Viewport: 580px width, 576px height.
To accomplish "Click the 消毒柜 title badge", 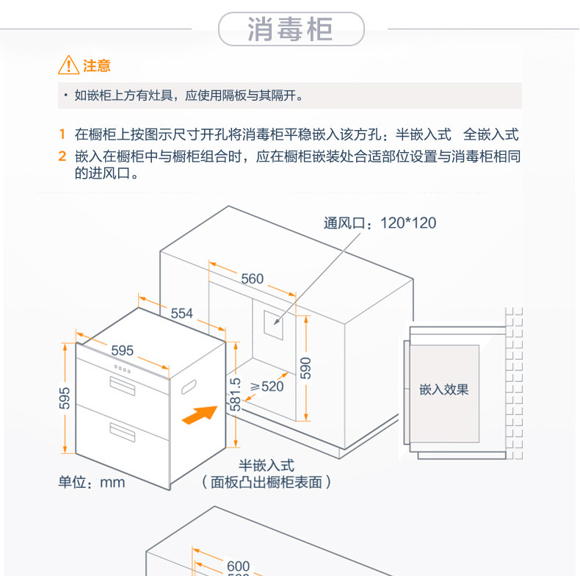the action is pyautogui.click(x=291, y=29).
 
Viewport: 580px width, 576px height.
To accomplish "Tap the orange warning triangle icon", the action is pyautogui.click(x=68, y=65).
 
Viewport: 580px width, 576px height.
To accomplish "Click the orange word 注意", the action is pyautogui.click(x=97, y=66).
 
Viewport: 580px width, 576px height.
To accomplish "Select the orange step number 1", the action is pyautogui.click(x=62, y=134).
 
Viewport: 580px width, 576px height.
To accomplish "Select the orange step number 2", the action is pyautogui.click(x=62, y=156).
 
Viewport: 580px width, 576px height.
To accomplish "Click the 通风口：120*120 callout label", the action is pyautogui.click(x=380, y=223).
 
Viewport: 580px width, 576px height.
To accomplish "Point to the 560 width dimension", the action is pyautogui.click(x=252, y=278).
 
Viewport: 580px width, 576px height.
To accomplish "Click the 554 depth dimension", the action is pyautogui.click(x=181, y=314).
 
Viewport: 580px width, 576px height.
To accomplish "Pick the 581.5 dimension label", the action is pyautogui.click(x=234, y=394).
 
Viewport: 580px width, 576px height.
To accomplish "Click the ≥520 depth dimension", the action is pyautogui.click(x=267, y=386).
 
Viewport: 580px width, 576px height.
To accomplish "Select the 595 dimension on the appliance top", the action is pyautogui.click(x=122, y=350).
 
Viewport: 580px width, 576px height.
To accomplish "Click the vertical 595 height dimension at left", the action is pyautogui.click(x=65, y=398).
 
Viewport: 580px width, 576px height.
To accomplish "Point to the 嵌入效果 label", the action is pyautogui.click(x=443, y=389).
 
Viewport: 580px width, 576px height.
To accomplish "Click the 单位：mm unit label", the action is pyautogui.click(x=92, y=483).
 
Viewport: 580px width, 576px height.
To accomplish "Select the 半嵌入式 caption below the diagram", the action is pyautogui.click(x=266, y=465).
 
